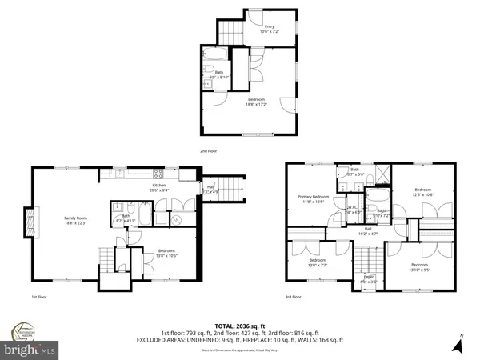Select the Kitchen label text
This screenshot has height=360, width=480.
coord(159,187)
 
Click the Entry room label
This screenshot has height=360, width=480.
coord(270,29)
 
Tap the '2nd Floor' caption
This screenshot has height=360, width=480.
coord(208,150)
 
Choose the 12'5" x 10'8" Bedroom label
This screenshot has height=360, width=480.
coord(423,194)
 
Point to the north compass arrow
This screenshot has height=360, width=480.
coord(458,345)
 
